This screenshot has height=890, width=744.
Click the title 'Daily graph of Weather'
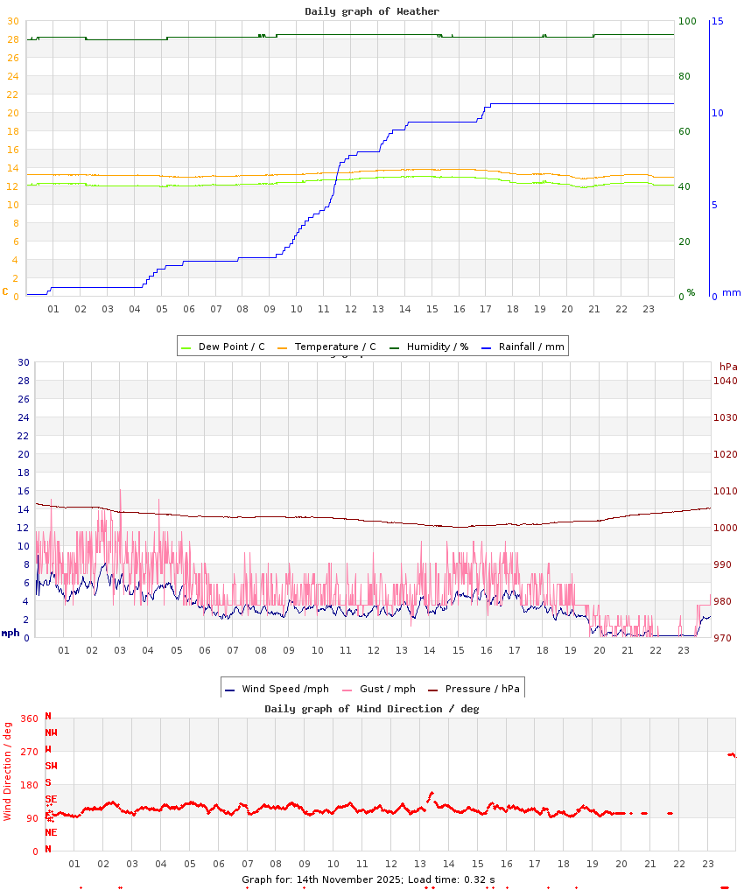[x=372, y=11]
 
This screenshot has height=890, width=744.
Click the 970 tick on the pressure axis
[x=726, y=638]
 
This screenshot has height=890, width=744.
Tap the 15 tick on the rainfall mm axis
[x=717, y=21]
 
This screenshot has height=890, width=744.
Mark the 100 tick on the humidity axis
[x=687, y=21]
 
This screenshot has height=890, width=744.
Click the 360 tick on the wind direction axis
[x=29, y=718]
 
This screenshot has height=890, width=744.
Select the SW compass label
[x=51, y=766]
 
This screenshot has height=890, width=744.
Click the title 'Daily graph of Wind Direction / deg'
[x=372, y=709]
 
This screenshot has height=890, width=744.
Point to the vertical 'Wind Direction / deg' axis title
[x=8, y=770]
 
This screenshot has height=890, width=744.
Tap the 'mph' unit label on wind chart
[x=10, y=633]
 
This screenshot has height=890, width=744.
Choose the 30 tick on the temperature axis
[x=12, y=21]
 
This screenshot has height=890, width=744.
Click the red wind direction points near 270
[x=732, y=754]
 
